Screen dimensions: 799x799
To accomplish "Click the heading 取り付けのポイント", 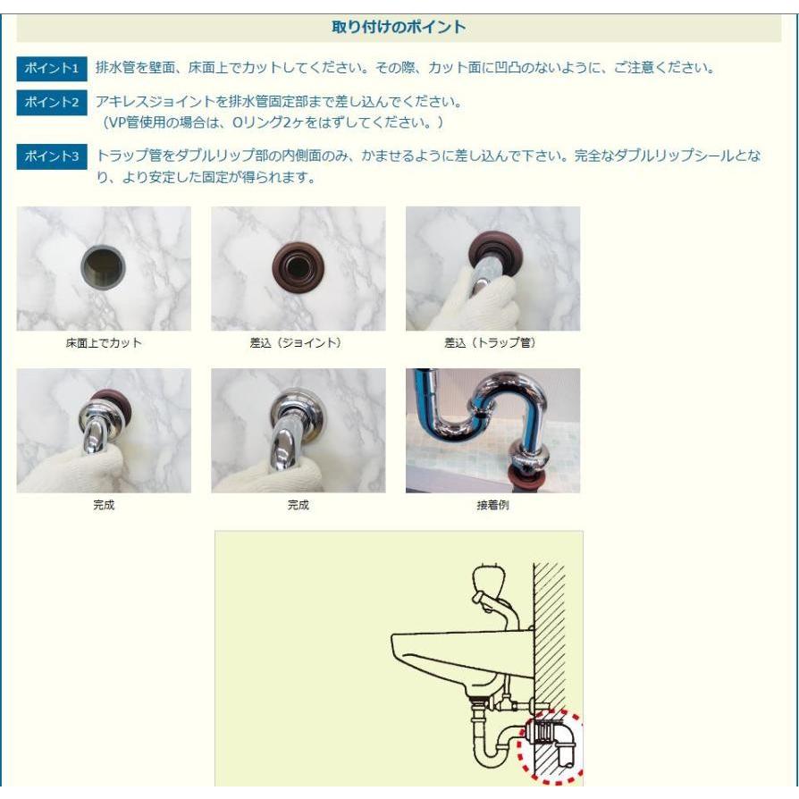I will coord(399,27).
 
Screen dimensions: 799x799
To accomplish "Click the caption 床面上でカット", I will coord(103,343).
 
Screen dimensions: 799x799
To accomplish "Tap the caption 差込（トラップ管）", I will coord(491,343).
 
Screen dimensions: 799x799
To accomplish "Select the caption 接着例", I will coord(492,505).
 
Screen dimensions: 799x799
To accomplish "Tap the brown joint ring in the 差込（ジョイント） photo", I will coord(297,265).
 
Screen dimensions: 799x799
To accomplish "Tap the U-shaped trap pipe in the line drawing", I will coord(490,749).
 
